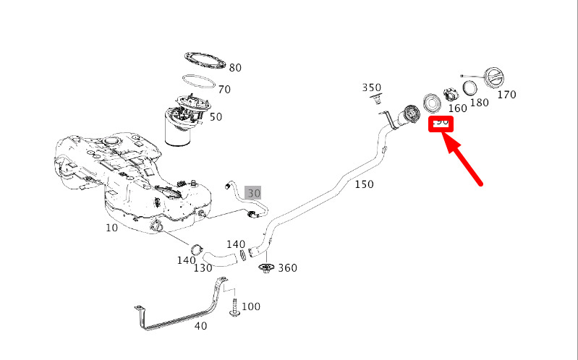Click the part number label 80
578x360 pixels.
coord(235,68)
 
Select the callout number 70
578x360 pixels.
coord(224,90)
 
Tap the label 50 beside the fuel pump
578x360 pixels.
coord(216,117)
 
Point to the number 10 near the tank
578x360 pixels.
coord(111,228)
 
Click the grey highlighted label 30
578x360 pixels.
coord(253,194)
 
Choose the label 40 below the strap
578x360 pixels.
coord(200,326)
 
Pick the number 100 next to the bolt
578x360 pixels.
coord(250,307)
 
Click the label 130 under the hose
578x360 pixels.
coord(203,267)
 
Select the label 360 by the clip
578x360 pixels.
coord(287,268)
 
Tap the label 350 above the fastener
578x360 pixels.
coord(371,88)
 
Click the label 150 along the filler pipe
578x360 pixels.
coord(364,184)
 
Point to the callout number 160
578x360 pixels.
coord(457,109)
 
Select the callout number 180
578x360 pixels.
coord(479,103)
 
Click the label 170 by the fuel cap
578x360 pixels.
coord(506,95)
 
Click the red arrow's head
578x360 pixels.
coord(446,138)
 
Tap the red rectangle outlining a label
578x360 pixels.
coord(441,123)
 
